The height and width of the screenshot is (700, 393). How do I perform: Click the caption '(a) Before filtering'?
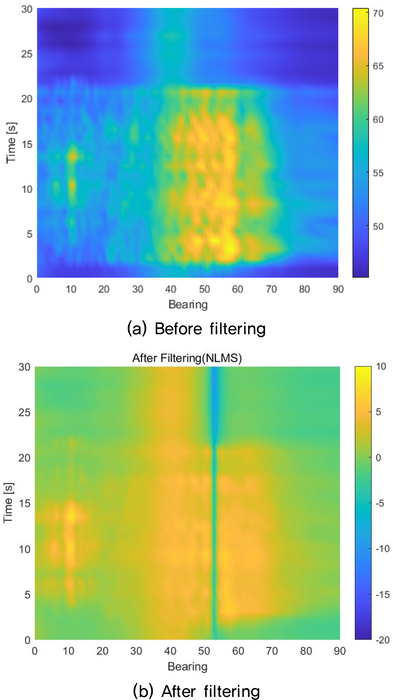click(x=196, y=329)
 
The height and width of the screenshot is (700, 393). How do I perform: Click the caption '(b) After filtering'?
click(x=196, y=691)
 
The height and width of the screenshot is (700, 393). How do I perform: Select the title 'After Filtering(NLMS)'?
click(x=187, y=358)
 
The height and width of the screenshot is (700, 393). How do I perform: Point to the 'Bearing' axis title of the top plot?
click(x=188, y=304)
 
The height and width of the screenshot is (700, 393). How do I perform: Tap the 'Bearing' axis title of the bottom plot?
click(x=187, y=667)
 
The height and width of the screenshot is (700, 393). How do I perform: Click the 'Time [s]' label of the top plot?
click(x=11, y=143)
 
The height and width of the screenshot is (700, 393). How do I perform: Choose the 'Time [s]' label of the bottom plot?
click(x=8, y=503)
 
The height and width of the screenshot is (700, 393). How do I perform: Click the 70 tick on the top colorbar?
click(x=378, y=13)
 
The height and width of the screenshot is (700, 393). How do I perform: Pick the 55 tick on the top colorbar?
click(x=378, y=173)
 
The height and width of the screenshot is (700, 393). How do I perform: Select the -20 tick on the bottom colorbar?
click(x=382, y=640)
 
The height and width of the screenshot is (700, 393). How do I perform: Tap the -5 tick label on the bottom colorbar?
click(x=380, y=504)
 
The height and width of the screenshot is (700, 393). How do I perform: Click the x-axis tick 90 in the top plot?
click(x=338, y=289)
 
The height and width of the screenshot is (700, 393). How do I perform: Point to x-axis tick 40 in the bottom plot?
click(x=170, y=651)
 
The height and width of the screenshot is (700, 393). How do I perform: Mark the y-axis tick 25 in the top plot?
click(x=27, y=54)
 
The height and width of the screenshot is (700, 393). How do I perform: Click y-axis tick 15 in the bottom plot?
click(x=24, y=504)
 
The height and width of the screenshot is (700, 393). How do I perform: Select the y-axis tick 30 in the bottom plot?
click(x=24, y=367)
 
